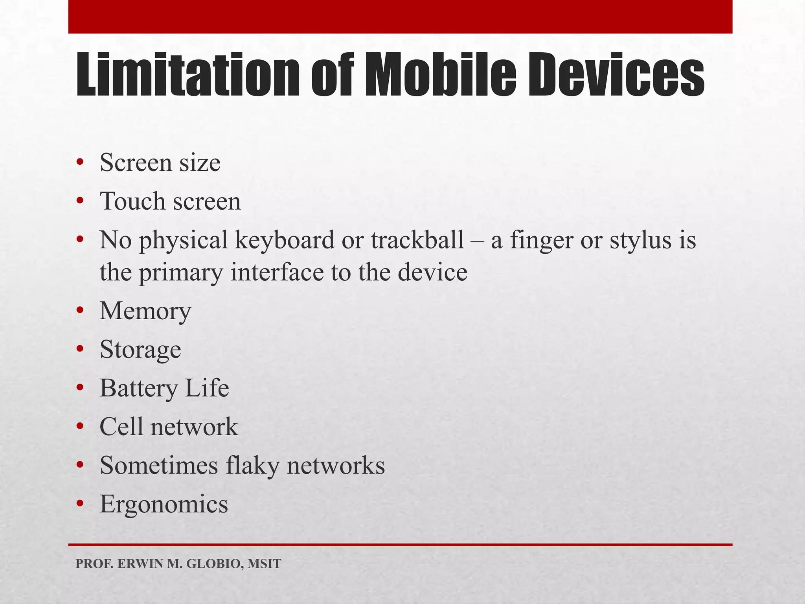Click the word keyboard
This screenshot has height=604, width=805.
[x=285, y=240]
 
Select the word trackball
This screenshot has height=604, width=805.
[x=417, y=240]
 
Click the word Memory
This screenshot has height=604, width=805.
[x=145, y=311]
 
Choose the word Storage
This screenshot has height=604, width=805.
[x=140, y=350]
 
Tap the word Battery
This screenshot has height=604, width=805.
[x=138, y=389]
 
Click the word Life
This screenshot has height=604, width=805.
[x=207, y=388]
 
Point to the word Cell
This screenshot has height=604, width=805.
[x=121, y=427]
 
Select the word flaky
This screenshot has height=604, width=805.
[x=252, y=466]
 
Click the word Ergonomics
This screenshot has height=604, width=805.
[x=164, y=505]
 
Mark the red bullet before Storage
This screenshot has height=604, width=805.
[x=80, y=349]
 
